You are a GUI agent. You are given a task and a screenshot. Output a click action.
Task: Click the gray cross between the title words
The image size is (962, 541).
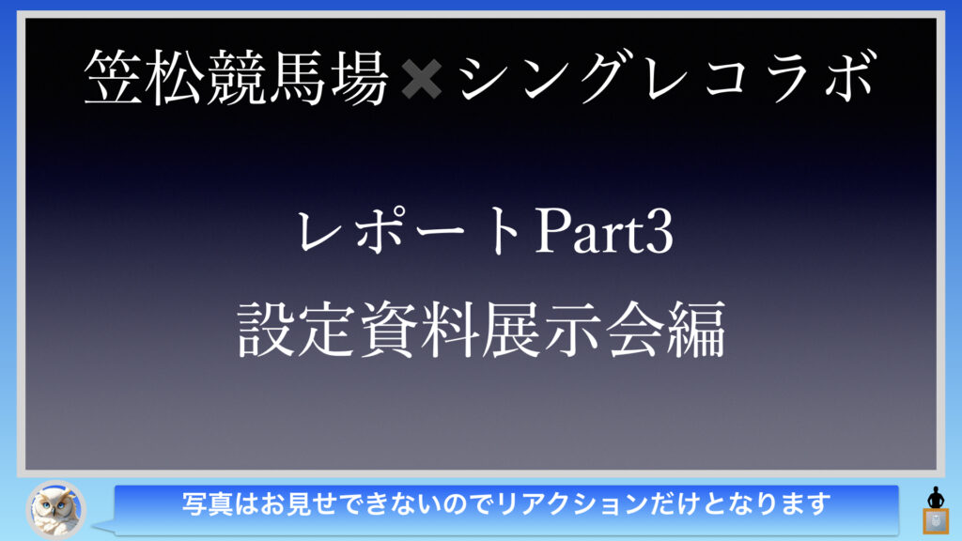422,79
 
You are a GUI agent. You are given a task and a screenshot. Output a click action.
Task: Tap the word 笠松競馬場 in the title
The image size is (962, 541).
236,77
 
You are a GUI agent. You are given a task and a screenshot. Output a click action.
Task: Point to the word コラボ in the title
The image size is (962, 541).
789,77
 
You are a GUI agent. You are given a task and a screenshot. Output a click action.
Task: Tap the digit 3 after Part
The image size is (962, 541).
659,232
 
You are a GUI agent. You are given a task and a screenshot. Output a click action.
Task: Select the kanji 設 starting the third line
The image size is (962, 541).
268,330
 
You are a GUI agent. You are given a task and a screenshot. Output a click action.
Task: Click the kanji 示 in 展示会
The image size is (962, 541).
574,330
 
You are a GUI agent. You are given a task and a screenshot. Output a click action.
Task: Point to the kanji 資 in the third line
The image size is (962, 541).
390,330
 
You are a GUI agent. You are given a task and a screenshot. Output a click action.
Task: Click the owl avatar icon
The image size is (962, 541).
55,509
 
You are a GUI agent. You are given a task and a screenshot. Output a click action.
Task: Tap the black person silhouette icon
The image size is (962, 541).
936,497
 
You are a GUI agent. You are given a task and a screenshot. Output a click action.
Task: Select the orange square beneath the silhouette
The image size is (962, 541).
936,521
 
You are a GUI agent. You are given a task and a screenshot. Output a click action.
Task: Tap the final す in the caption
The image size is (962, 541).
819,503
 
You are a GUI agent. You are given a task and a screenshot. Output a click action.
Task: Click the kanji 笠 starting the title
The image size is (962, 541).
114,77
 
